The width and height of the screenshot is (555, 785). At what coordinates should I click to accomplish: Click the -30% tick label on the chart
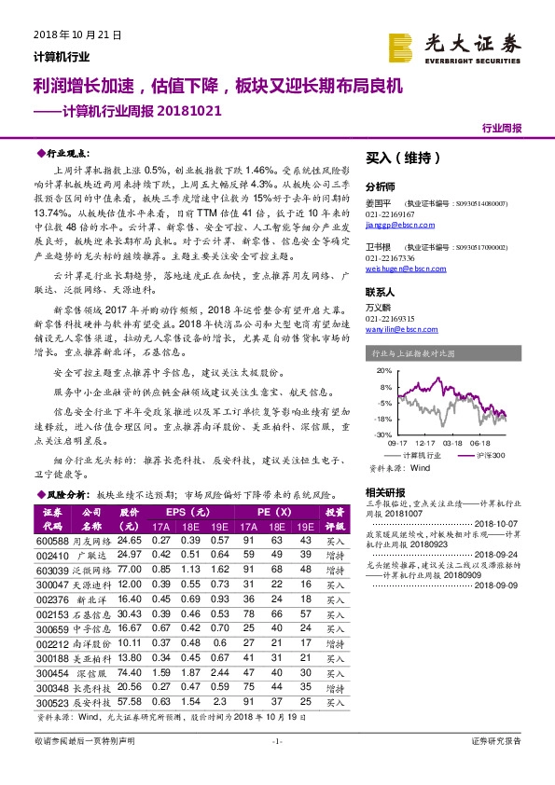pos(383,434)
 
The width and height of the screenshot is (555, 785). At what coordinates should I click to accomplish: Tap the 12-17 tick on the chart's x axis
pos(425,443)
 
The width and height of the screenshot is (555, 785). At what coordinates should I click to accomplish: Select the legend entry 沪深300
pos(489,454)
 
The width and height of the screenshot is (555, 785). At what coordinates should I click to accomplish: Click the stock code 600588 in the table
pos(52,540)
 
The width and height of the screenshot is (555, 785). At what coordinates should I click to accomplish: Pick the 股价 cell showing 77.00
pos(130,568)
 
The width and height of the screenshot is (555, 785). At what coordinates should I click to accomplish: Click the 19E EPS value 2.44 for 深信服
pos(219,671)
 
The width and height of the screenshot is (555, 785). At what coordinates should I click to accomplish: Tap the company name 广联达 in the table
pos(92,554)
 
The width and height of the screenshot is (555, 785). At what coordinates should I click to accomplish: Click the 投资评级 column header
pos(335,518)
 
